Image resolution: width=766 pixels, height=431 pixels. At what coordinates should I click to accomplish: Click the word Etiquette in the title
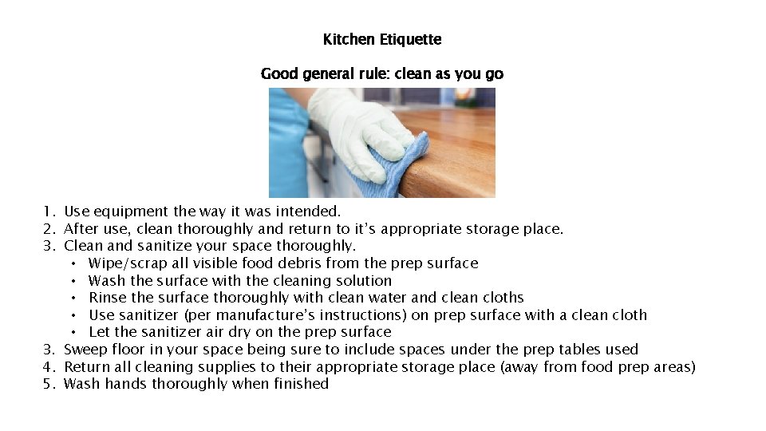click(x=413, y=39)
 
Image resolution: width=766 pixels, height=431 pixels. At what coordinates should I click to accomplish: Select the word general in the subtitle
click(x=327, y=74)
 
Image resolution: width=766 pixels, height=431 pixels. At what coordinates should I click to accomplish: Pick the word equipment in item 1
click(x=128, y=212)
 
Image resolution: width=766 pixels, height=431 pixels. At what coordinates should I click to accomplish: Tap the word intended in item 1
click(x=308, y=212)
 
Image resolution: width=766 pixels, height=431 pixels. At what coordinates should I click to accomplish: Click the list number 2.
click(x=49, y=230)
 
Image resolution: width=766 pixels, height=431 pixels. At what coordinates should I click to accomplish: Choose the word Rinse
click(x=106, y=298)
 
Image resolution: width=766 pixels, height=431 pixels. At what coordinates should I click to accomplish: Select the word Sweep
click(x=85, y=350)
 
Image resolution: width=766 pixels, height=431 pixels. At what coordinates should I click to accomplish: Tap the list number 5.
click(x=49, y=384)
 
